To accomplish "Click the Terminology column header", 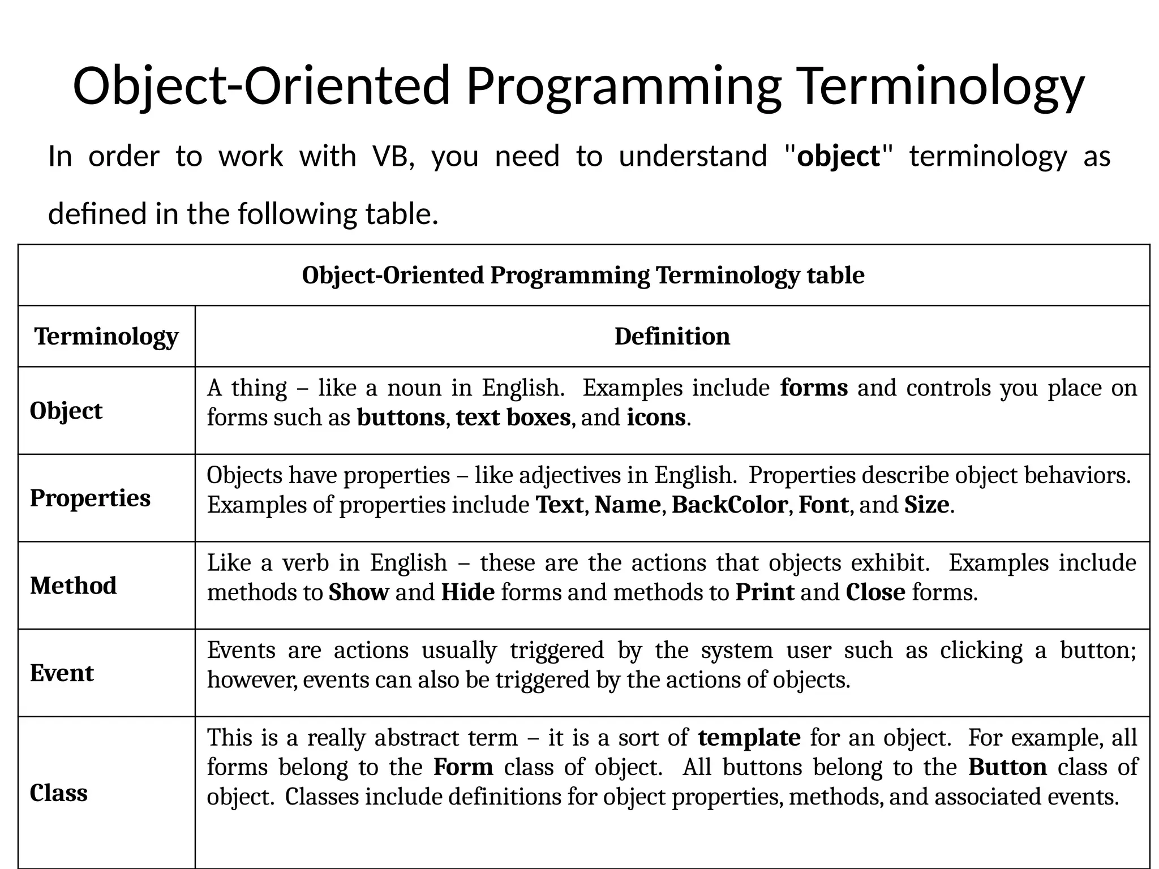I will [106, 337].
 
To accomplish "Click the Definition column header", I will [672, 337].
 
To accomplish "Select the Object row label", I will [66, 411].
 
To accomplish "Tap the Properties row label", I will [90, 498].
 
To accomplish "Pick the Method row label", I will [73, 586].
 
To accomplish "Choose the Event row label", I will [62, 673].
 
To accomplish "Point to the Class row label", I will [58, 793].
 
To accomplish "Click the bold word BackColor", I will [729, 505].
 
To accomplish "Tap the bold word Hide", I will [467, 592].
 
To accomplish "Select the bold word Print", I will [765, 592].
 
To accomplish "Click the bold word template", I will [749, 738].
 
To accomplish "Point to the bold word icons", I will [656, 418].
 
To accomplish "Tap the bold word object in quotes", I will [838, 156].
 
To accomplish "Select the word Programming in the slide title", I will [623, 86].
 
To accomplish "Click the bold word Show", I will [358, 592].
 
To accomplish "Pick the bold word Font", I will [823, 505].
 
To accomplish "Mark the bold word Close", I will [875, 592].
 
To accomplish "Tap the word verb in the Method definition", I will [306, 563].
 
